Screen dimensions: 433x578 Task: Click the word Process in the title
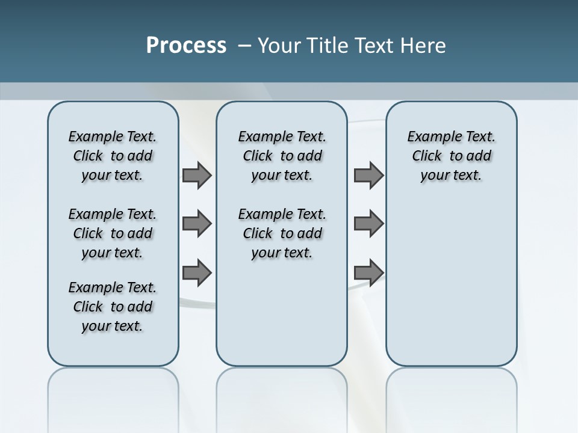pyautogui.click(x=186, y=46)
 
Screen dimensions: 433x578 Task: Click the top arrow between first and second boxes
pyautogui.click(x=196, y=176)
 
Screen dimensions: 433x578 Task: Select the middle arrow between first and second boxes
pyautogui.click(x=196, y=224)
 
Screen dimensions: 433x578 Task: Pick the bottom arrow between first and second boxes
pyautogui.click(x=196, y=272)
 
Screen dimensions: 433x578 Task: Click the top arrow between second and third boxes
pyautogui.click(x=368, y=176)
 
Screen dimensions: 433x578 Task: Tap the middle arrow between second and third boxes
pyautogui.click(x=368, y=224)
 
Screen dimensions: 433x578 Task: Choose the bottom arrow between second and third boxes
pyautogui.click(x=368, y=272)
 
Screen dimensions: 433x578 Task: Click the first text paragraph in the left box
pyautogui.click(x=113, y=156)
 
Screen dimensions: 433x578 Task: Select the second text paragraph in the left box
pyautogui.click(x=113, y=233)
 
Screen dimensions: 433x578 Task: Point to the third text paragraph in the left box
pyautogui.click(x=113, y=307)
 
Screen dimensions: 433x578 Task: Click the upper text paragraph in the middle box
pyautogui.click(x=282, y=156)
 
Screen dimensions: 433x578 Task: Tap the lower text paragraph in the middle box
pyautogui.click(x=282, y=233)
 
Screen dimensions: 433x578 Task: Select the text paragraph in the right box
pyautogui.click(x=451, y=156)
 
